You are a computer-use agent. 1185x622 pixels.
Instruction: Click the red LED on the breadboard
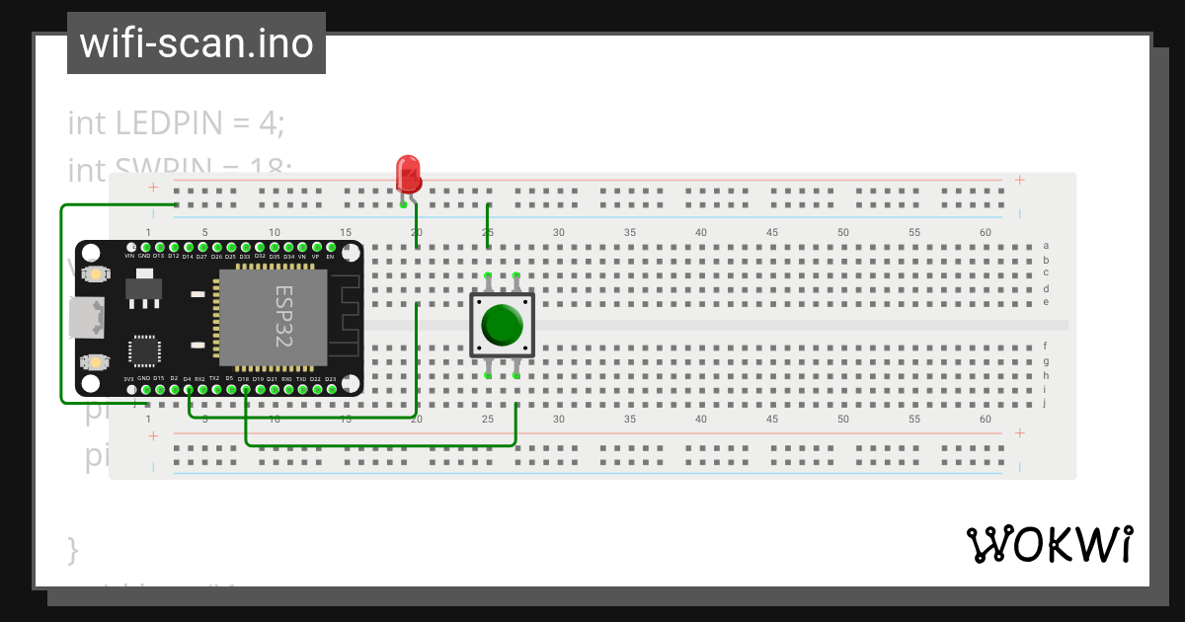click(x=408, y=174)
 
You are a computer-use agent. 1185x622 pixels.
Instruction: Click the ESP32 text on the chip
click(x=283, y=315)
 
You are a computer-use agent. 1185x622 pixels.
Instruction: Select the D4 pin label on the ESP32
click(x=188, y=378)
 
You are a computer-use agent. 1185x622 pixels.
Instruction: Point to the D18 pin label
click(x=244, y=378)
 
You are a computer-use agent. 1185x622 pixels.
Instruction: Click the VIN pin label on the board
click(x=129, y=256)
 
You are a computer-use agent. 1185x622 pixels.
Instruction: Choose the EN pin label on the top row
click(x=330, y=256)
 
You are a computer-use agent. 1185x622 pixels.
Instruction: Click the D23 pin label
click(x=330, y=378)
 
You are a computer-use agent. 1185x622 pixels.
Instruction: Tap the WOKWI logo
click(x=1049, y=544)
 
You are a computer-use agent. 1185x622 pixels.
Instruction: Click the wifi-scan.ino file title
click(x=197, y=43)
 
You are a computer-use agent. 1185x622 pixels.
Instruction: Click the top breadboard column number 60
click(x=985, y=232)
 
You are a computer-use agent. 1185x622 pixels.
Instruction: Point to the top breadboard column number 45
click(x=771, y=232)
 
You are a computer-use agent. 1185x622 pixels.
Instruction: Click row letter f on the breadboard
click(x=1045, y=347)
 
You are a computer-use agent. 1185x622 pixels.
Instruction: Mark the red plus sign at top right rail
click(x=1019, y=180)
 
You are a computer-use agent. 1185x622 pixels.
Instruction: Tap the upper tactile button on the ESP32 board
click(x=95, y=273)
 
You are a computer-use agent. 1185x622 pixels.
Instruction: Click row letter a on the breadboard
click(x=1046, y=246)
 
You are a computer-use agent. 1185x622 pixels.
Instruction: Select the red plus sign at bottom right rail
click(x=1019, y=432)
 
